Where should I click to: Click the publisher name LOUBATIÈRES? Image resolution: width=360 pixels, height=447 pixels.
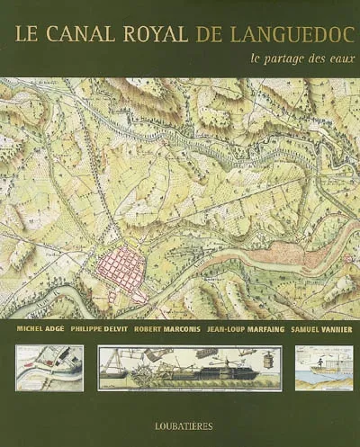(x=180, y=418)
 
